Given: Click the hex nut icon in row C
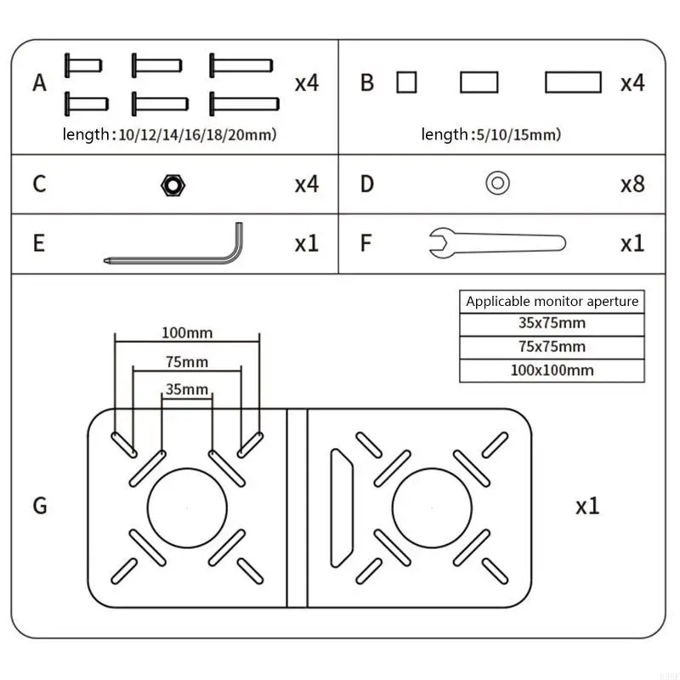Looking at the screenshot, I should tap(173, 184).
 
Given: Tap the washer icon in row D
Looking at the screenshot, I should tap(497, 183).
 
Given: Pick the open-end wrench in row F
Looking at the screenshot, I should tap(496, 244).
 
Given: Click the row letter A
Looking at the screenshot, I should tap(39, 83).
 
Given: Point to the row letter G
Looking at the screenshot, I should tap(40, 506).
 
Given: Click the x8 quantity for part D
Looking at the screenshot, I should tap(632, 184).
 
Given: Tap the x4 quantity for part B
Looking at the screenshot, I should tap(632, 83).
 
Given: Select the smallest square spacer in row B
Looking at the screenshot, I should tap(407, 82).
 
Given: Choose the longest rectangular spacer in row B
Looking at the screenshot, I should tap(573, 82).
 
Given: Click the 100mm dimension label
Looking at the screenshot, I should tap(186, 332).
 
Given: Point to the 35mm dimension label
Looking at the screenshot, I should tap(186, 390).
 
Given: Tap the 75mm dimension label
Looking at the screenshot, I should tap(186, 362).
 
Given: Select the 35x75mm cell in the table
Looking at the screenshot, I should tap(552, 323).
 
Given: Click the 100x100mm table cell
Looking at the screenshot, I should tap(552, 371).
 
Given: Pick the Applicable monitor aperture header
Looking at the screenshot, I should tap(552, 301).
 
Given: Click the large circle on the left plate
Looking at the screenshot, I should tap(187, 507).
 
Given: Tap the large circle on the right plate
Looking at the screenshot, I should tap(432, 507).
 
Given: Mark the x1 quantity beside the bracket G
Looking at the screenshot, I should tap(587, 506).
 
